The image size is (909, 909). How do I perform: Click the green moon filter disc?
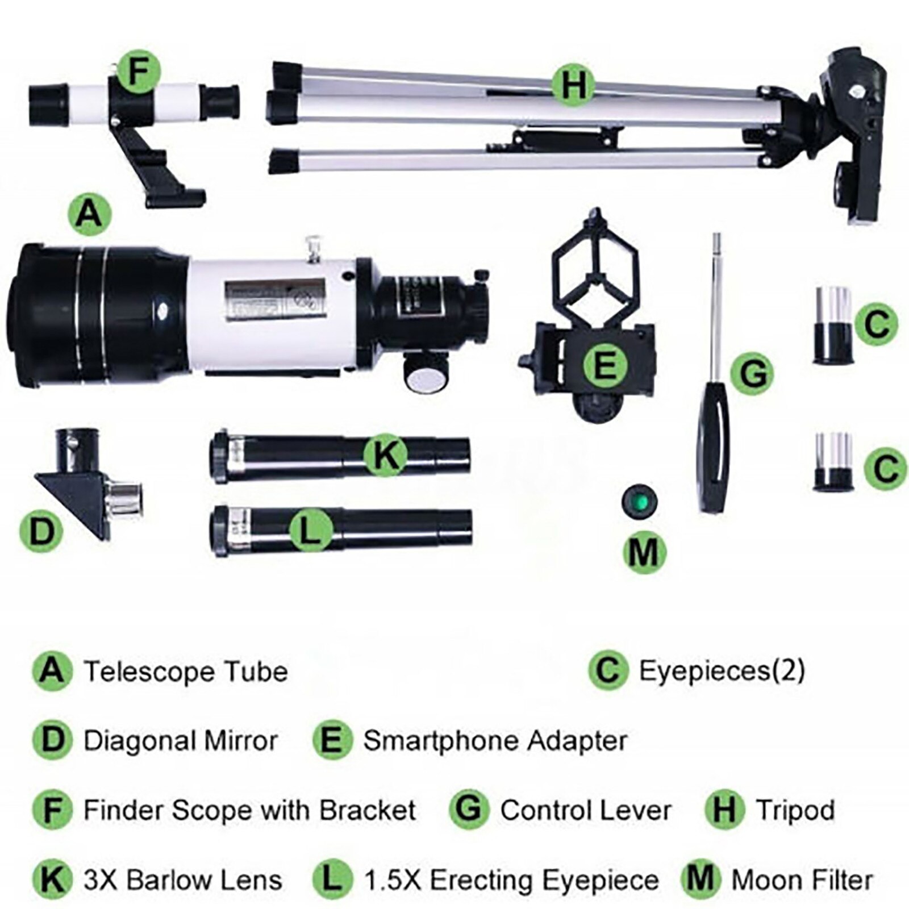[x=640, y=501]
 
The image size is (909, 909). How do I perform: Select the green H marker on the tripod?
[x=574, y=86]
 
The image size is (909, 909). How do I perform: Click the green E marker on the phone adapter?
[x=605, y=364]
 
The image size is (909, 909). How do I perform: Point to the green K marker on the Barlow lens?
[x=386, y=454]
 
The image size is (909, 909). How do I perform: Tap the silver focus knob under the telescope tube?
[x=426, y=375]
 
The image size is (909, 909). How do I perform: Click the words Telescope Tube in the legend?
[x=186, y=672]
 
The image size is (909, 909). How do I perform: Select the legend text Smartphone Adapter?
[x=495, y=741]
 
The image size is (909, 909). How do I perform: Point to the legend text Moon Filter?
[x=802, y=880]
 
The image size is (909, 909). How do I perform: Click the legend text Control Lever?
[x=586, y=811]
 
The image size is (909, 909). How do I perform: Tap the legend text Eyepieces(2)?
[x=722, y=671]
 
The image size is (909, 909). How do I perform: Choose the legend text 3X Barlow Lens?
[x=182, y=880]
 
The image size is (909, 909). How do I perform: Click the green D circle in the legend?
[x=52, y=741]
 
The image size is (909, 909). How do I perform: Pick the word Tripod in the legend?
[x=795, y=811]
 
